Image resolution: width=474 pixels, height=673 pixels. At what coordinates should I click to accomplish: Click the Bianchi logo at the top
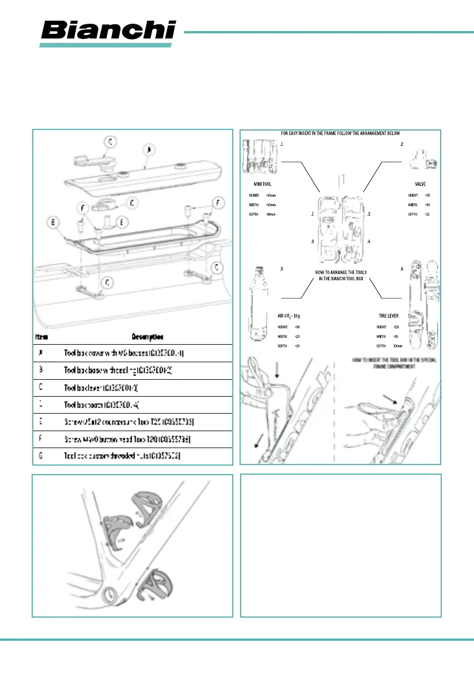108,30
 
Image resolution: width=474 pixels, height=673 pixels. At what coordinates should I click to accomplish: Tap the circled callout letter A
149,151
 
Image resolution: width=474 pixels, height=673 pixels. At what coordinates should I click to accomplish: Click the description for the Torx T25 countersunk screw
130,422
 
